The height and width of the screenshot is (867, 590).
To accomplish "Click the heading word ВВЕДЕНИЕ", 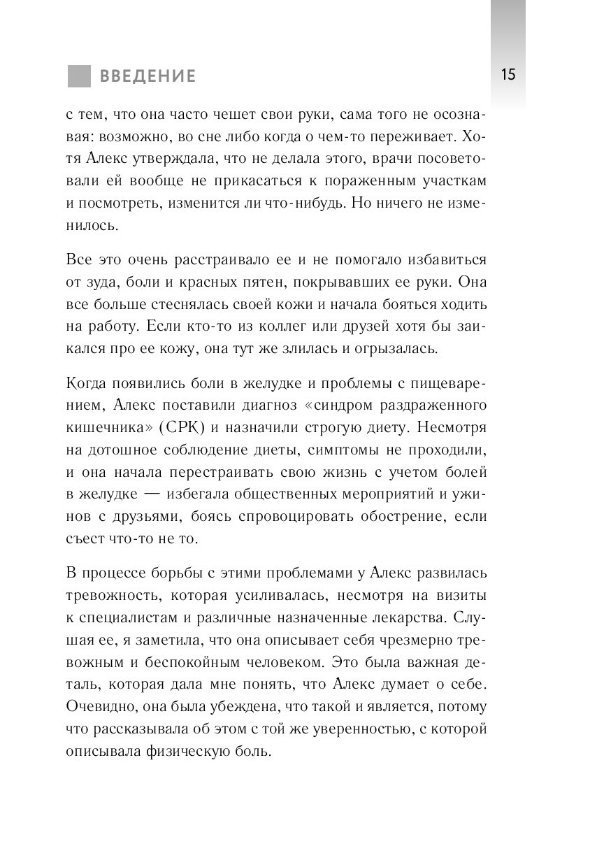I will click(147, 76).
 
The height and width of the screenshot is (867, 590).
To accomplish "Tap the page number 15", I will click(508, 75).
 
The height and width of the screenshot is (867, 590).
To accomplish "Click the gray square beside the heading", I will click(79, 76).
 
